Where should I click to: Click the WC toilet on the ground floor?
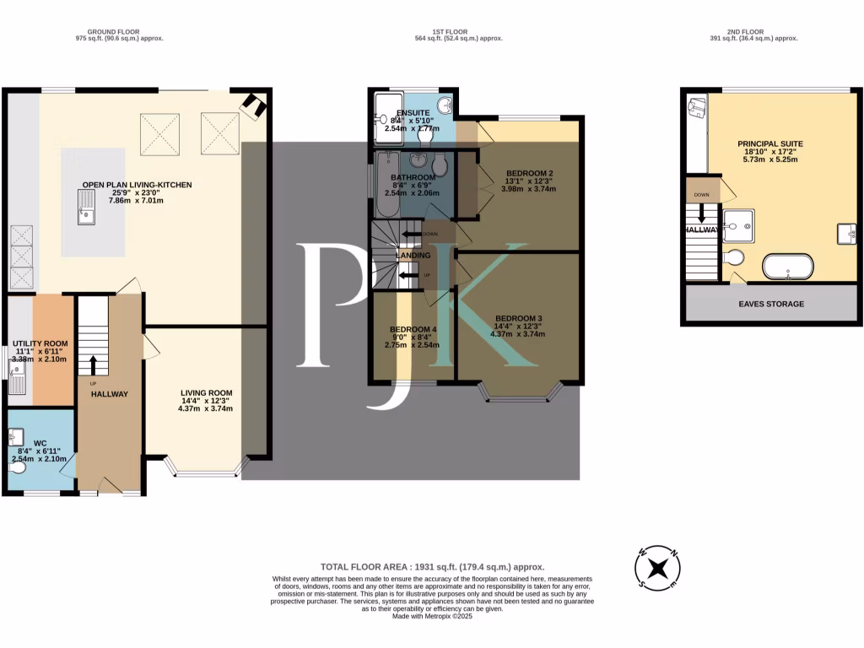(17, 467)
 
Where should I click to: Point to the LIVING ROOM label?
(206, 392)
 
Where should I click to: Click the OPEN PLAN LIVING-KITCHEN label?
(137, 185)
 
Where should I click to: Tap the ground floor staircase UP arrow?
(93, 364)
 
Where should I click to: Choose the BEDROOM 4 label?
(413, 329)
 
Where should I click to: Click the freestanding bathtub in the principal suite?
(788, 267)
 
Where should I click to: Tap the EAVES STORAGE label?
(771, 304)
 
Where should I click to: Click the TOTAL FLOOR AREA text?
(432, 567)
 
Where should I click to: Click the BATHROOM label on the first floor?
(413, 176)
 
